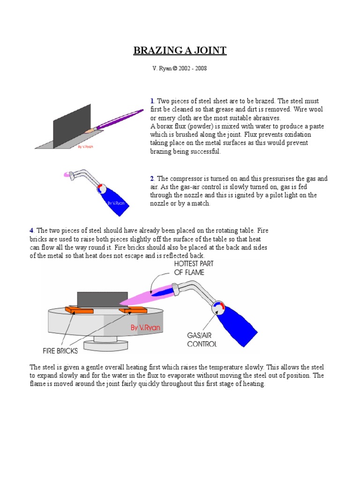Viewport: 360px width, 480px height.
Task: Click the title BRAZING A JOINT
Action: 180,51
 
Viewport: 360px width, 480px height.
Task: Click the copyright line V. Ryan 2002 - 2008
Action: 180,68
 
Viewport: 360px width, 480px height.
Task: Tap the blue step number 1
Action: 152,101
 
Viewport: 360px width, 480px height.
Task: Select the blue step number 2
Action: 152,179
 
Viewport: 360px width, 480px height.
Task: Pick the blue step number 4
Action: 31,230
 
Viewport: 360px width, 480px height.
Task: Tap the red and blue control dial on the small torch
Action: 101,188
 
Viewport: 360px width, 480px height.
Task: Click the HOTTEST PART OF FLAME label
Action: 193,268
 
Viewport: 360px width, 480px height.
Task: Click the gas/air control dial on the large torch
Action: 218,307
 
